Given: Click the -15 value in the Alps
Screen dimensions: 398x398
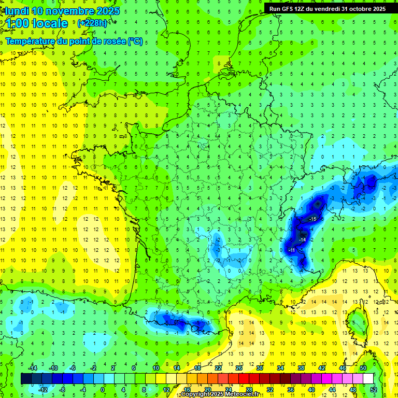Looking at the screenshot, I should [x=312, y=220].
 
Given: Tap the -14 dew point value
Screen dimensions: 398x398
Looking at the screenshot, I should [x=302, y=240].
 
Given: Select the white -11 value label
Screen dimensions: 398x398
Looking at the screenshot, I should [x=292, y=250].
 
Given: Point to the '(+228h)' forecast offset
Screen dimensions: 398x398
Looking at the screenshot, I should [x=92, y=23].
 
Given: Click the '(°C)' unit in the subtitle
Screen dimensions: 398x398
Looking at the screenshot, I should [x=135, y=41].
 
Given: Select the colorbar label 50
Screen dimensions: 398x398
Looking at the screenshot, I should [x=363, y=367].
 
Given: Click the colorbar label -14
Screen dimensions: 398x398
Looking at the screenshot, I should [x=33, y=367].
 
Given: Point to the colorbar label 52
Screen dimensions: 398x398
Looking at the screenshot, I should [x=374, y=390].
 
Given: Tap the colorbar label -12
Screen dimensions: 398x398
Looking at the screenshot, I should [x=43, y=390].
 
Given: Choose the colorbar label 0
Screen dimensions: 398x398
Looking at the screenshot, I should [x=103, y=390].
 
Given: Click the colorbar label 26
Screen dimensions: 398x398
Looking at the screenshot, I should [x=239, y=367].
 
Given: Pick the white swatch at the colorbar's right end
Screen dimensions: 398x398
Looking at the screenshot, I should [x=368, y=378].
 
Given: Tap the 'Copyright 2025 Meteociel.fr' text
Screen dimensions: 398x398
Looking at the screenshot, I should [x=220, y=394].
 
